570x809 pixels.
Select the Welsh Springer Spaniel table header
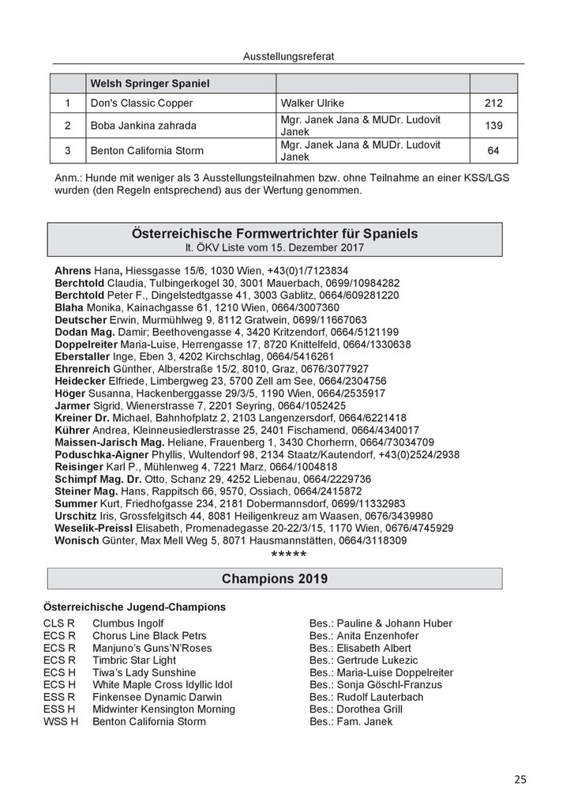tap(149, 83)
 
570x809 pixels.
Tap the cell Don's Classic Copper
tap(142, 103)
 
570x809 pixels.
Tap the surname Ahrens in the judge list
tap(73, 270)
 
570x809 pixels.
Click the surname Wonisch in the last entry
tap(77, 540)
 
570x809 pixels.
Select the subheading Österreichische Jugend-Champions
tap(135, 607)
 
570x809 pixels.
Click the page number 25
tap(519, 780)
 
